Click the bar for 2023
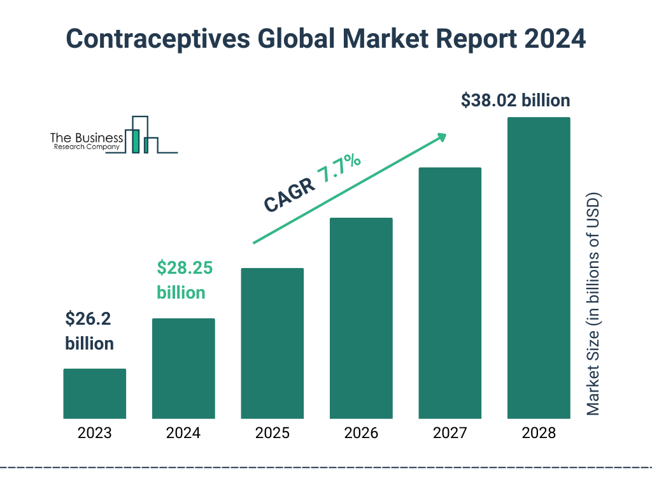94,393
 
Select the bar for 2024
183,368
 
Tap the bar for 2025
272,343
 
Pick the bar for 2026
361,318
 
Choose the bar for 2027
450,293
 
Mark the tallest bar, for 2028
539,267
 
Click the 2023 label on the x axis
94,434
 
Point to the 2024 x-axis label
183,434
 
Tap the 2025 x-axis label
272,434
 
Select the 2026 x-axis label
361,434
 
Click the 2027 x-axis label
450,434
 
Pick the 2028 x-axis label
539,434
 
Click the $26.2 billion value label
89,331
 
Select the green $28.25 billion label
184,280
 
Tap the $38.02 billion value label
515,101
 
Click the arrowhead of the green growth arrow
442,137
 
